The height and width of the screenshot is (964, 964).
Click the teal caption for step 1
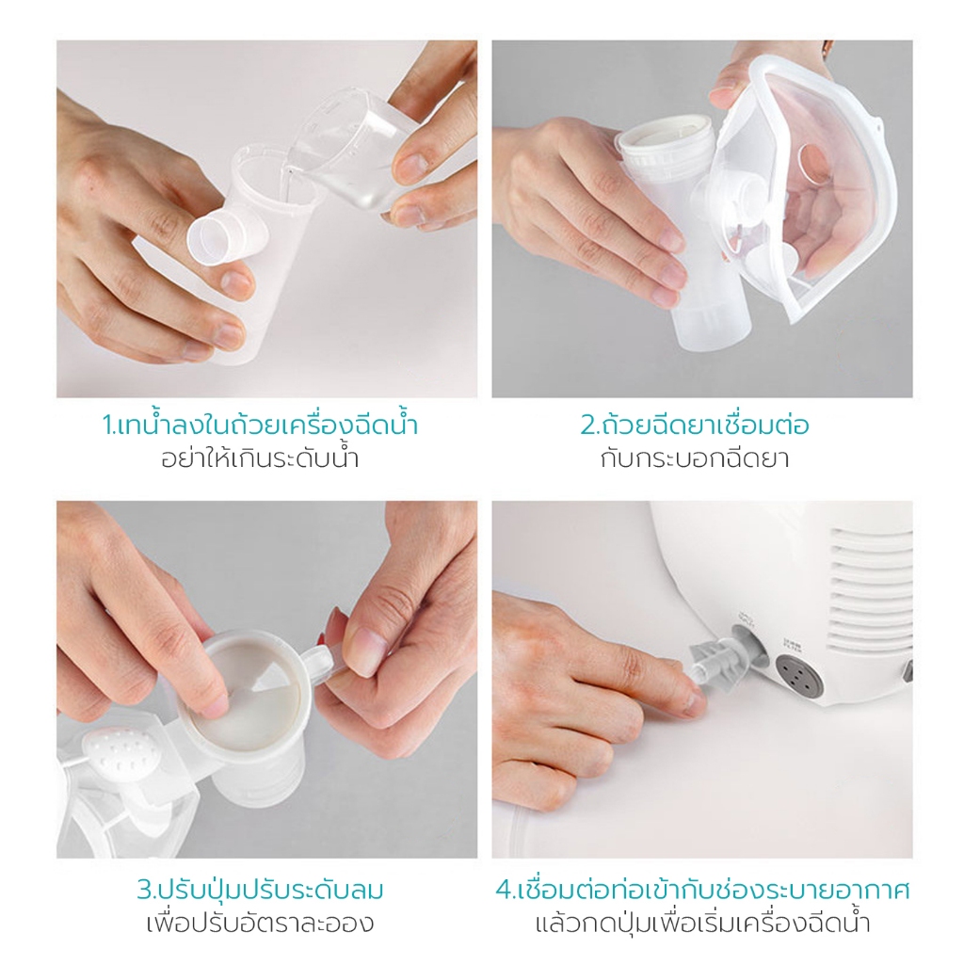(260, 425)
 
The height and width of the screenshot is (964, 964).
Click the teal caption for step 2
(695, 425)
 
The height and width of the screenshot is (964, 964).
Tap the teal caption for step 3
(260, 890)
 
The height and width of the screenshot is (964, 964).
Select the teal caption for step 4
(702, 890)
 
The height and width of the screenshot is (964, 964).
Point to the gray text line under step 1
(260, 458)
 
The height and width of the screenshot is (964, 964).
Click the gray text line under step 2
(695, 458)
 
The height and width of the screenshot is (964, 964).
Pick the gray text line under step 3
(260, 924)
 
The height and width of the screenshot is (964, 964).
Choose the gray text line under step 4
(702, 924)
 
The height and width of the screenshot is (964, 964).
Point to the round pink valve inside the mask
(812, 165)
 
